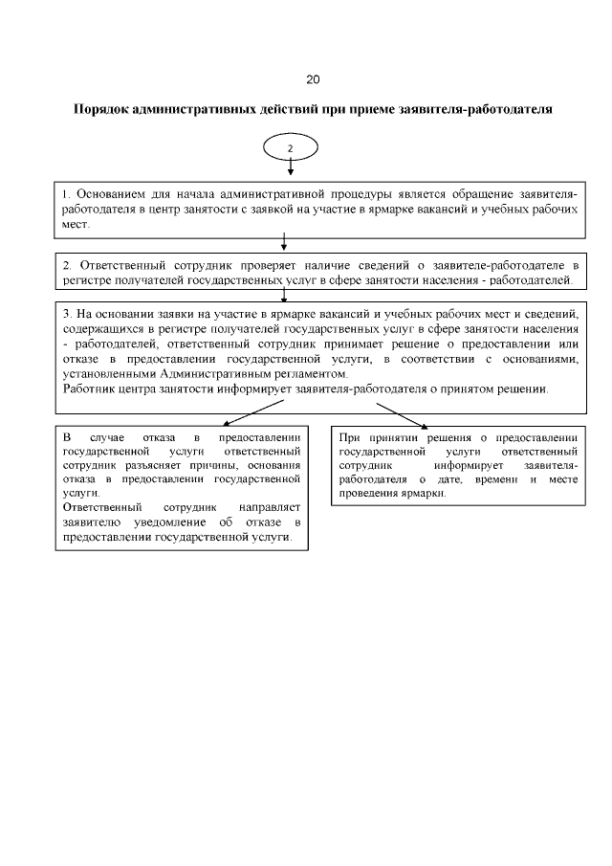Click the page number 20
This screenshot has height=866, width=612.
pyautogui.click(x=313, y=78)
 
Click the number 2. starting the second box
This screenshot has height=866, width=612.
pyautogui.click(x=67, y=264)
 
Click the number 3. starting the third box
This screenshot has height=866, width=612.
pyautogui.click(x=66, y=315)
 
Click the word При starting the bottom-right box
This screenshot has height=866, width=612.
pyautogui.click(x=349, y=435)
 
